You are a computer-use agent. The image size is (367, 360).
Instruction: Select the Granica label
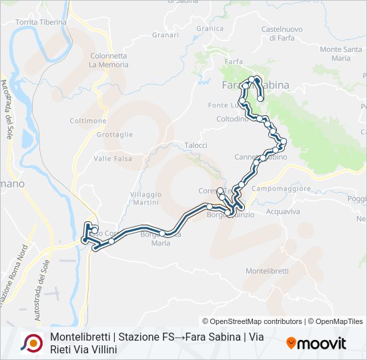coord(210,29)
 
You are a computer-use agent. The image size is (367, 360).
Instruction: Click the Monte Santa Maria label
coord(344,53)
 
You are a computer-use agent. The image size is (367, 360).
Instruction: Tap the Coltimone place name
coord(87,121)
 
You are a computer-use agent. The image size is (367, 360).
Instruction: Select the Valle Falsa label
coord(112,158)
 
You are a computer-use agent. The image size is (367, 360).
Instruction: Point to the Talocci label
coord(196,145)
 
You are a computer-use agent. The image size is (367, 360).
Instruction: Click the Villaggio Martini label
coord(145,197)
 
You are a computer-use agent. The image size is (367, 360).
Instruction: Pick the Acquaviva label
coord(283,211)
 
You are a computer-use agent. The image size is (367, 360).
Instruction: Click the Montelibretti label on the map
coord(267,271)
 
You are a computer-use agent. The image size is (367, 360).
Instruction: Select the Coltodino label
coord(232,119)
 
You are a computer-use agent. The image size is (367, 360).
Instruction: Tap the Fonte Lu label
coord(222,105)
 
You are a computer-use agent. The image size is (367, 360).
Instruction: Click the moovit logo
coord(316,343)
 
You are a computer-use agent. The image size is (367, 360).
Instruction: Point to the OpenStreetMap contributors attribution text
coord(252,321)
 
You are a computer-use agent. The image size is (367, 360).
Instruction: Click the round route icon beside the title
coord(32,343)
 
